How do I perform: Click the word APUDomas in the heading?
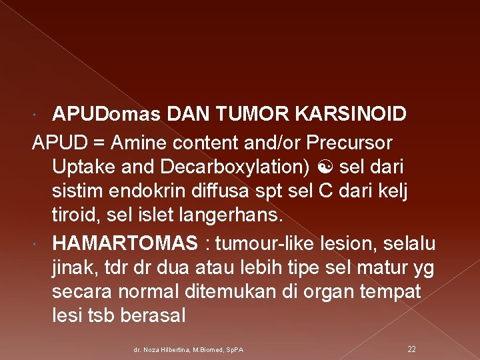coord(106,114)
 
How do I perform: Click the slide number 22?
coord(411,349)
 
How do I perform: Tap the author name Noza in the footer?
coord(152,350)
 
